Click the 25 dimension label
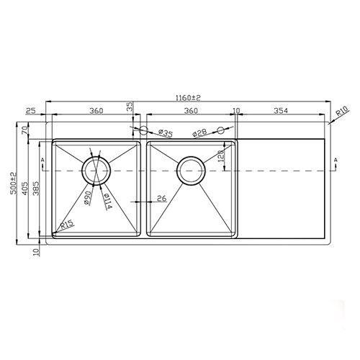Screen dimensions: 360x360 (x=30, y=110)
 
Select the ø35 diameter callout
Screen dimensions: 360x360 (x=164, y=133)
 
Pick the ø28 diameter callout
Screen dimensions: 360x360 (x=201, y=133)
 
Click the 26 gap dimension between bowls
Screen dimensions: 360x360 (x=161, y=198)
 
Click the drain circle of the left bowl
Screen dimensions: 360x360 (x=96, y=170)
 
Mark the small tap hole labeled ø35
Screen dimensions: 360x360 (x=143, y=131)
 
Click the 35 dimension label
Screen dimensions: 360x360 (x=130, y=107)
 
